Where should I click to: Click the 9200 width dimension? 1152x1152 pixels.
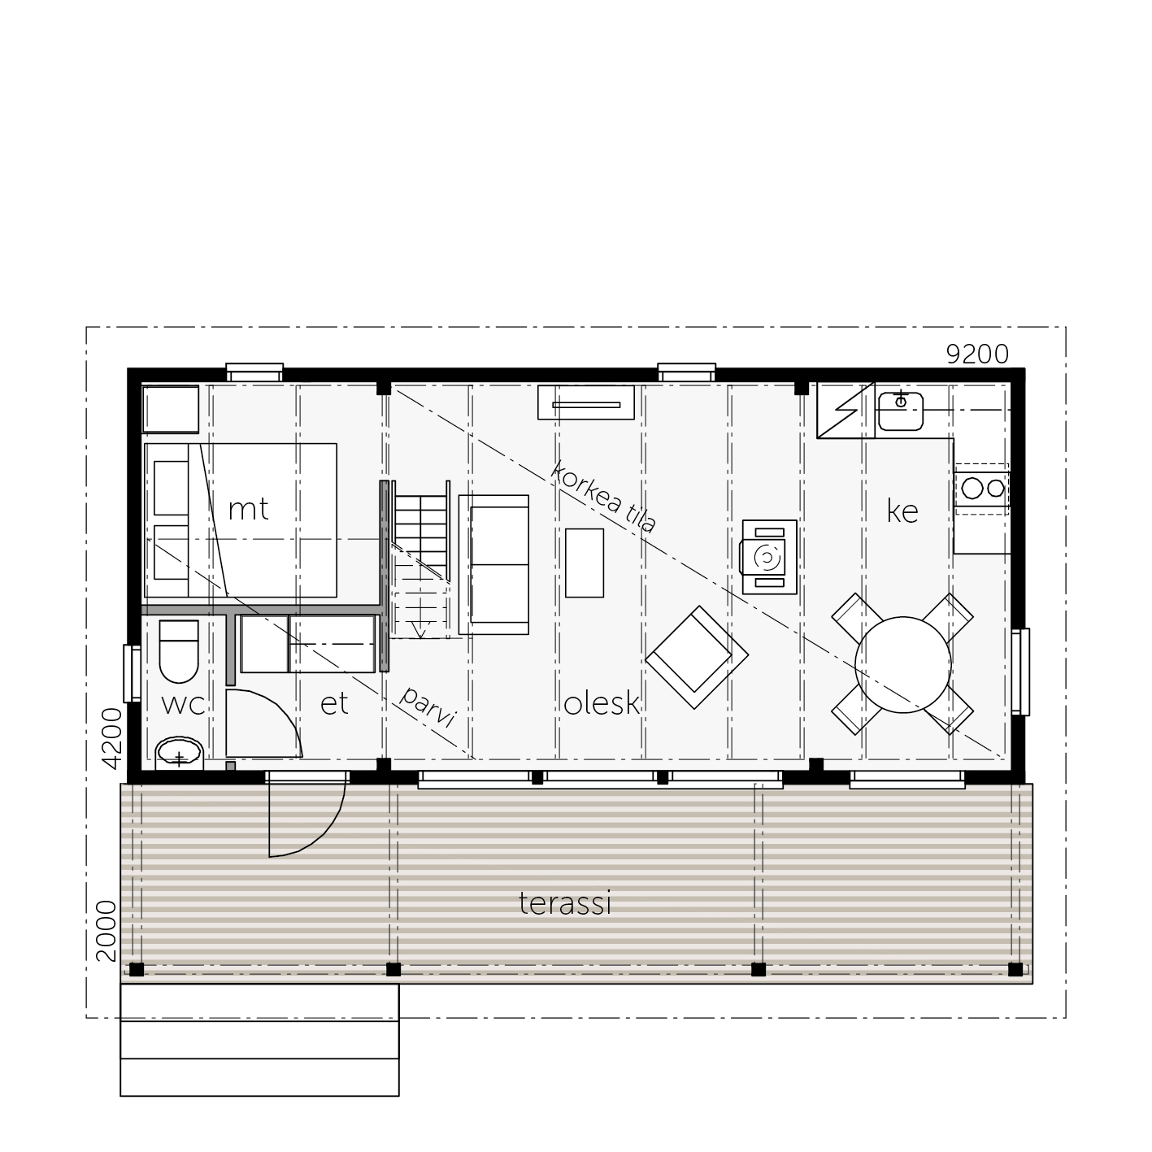[x=977, y=354]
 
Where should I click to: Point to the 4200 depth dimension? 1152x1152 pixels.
[x=112, y=738]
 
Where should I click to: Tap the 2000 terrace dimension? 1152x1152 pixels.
[x=107, y=931]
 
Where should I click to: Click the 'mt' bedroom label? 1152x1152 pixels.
[x=248, y=510]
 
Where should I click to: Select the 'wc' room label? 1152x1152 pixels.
[x=183, y=705]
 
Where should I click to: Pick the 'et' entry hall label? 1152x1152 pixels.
[x=334, y=703]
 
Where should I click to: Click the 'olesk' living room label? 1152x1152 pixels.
[x=602, y=703]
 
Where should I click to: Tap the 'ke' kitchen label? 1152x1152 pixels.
[x=902, y=511]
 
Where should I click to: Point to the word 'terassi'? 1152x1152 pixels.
[x=565, y=902]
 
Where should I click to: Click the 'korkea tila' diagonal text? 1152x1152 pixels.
[x=602, y=496]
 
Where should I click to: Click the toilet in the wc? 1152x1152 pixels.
[x=179, y=652]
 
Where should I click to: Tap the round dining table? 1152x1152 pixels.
[x=902, y=665]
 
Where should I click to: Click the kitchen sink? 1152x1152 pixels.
[x=901, y=411]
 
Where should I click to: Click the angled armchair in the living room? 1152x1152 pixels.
[x=697, y=658]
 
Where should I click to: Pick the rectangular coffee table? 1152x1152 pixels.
[x=585, y=563]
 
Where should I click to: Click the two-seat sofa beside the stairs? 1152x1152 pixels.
[x=493, y=564]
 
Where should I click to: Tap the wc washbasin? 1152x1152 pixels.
[x=180, y=754]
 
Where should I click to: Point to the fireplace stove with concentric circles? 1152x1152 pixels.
[x=769, y=557]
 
